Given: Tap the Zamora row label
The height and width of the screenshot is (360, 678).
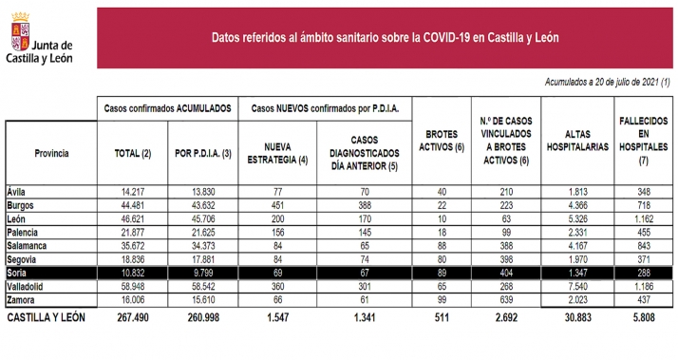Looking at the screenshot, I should tap(22, 298).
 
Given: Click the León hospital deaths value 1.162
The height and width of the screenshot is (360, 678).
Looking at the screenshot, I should tap(643, 218).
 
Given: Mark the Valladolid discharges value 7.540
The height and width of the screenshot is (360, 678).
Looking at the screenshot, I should tap(579, 285).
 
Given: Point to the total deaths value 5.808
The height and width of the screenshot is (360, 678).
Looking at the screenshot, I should tap(643, 317).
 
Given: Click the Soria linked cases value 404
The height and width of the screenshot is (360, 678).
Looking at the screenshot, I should tap(506, 273).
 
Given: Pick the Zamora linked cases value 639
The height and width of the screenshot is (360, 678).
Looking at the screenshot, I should tap(506, 298).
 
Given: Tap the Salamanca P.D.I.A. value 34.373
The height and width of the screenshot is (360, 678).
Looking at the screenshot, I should tap(199, 245).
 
